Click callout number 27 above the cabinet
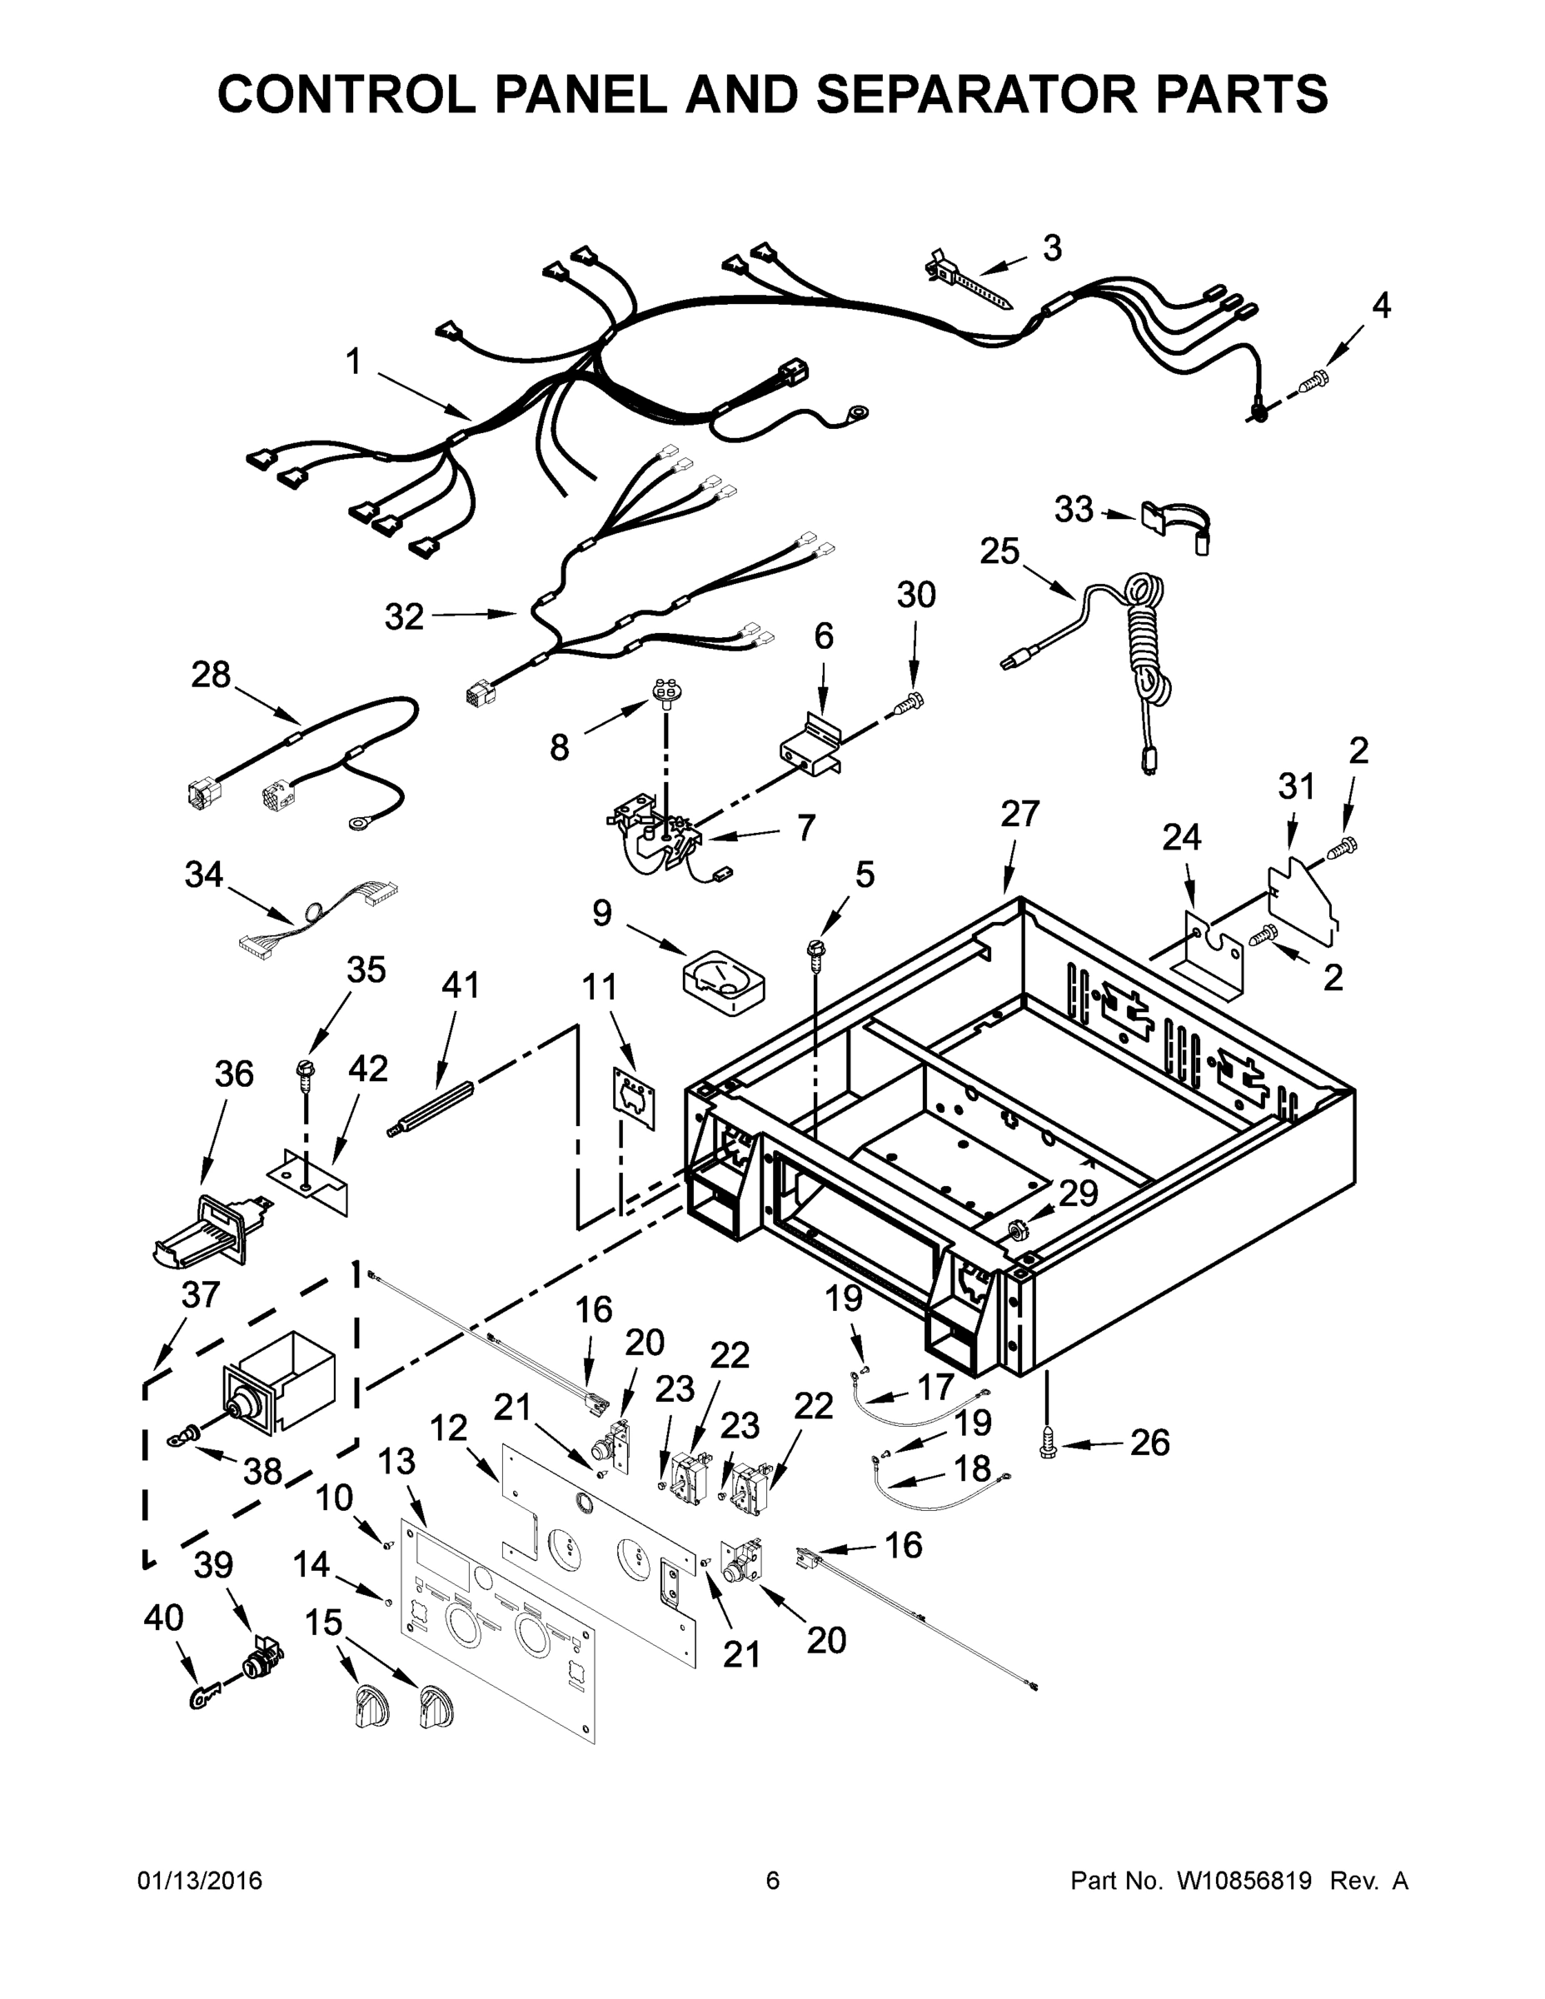coord(1020,814)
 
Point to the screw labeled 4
coord(1314,378)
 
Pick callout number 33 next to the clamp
coord(1074,510)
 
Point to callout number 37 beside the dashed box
coord(201,1295)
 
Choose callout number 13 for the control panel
coord(396,1463)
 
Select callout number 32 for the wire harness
coord(404,617)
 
